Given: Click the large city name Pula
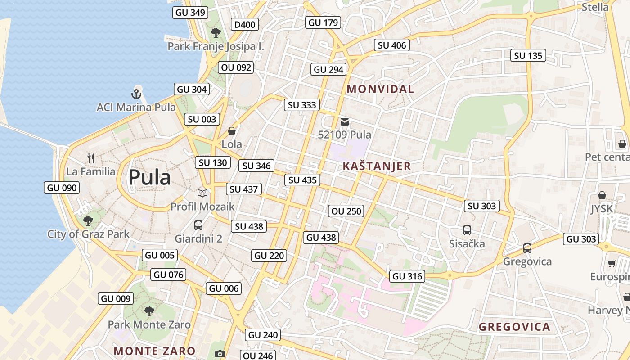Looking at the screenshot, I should coord(149,177).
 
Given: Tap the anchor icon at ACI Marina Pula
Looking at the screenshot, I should coord(136,94).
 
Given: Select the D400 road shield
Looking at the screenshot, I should coord(245,24).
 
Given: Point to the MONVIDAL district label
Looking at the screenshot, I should coord(380,89).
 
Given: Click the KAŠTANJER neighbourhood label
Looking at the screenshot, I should coord(377,166).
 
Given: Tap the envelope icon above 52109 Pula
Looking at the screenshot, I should coord(345,121).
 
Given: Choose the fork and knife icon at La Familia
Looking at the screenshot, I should coord(91,158).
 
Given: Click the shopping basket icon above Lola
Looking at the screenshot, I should coord(232,131).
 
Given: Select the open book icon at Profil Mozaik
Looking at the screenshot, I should coord(202,193).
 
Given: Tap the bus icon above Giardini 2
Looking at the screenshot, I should coord(198,225).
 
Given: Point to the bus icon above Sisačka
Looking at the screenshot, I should coord(467,230).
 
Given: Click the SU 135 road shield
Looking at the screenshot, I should coord(528,56).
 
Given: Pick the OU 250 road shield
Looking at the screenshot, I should coord(346,211).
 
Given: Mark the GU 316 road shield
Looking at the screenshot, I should coord(408,276).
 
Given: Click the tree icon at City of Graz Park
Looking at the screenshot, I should coord(88,220).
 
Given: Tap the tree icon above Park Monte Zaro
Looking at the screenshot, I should coord(149,311).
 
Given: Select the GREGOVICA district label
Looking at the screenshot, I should coord(514,327).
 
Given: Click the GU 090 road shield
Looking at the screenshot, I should coord(62,188).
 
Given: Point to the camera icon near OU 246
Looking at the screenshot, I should coord(220,354).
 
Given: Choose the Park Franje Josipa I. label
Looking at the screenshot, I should coord(216,46).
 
